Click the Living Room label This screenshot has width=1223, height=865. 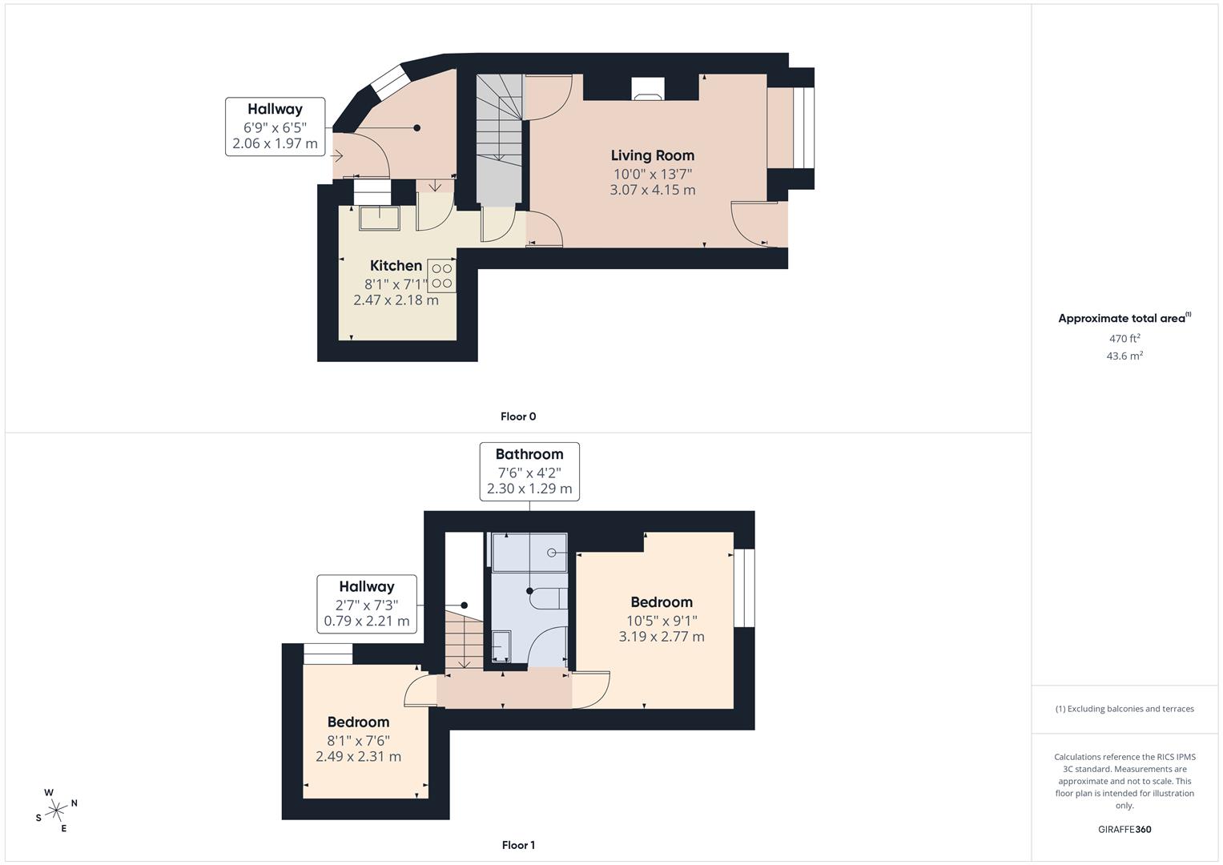click(x=652, y=155)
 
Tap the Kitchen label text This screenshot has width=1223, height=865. click(x=396, y=265)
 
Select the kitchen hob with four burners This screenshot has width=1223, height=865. click(x=442, y=276)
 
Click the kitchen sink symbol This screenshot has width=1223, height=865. click(x=379, y=218)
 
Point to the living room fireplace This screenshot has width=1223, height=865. click(x=647, y=88)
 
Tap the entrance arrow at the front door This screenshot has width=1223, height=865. click(x=337, y=156)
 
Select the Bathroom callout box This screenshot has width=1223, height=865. click(x=529, y=472)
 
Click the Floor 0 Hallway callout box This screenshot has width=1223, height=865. click(x=275, y=127)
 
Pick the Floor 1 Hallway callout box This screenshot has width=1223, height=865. click(x=367, y=604)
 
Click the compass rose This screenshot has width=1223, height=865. click(x=56, y=811)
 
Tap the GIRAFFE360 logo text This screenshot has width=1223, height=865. click(x=1124, y=829)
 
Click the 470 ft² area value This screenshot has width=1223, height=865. click(x=1124, y=339)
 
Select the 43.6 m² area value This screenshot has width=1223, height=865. click(x=1124, y=356)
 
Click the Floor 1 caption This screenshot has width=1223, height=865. click(x=518, y=845)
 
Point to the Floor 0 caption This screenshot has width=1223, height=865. click(x=518, y=416)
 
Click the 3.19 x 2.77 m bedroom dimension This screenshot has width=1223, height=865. click(x=662, y=637)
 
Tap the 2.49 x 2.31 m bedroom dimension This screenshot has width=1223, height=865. click(x=358, y=756)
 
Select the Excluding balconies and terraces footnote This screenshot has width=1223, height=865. click(x=1124, y=709)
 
